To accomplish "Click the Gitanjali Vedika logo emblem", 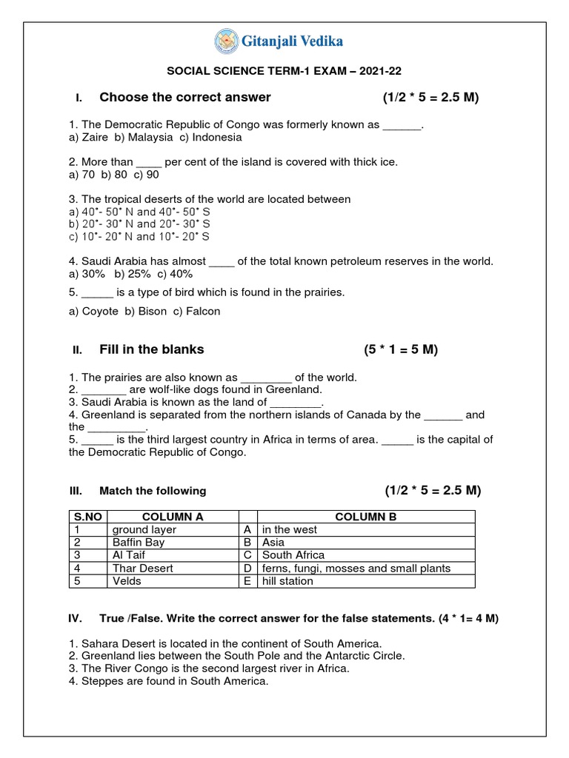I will pyautogui.click(x=227, y=41).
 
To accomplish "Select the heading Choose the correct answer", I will pyautogui.click(x=184, y=98).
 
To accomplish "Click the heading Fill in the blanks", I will pyautogui.click(x=151, y=349).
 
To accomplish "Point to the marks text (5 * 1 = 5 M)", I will pyautogui.click(x=400, y=349).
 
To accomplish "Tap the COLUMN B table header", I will pyautogui.click(x=367, y=517).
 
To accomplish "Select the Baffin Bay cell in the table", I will pyautogui.click(x=139, y=543).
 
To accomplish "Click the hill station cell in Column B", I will pyautogui.click(x=287, y=581).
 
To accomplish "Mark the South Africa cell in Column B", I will pyautogui.click(x=293, y=555).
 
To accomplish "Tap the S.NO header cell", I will pyautogui.click(x=87, y=517).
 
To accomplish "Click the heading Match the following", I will pyautogui.click(x=153, y=491).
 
